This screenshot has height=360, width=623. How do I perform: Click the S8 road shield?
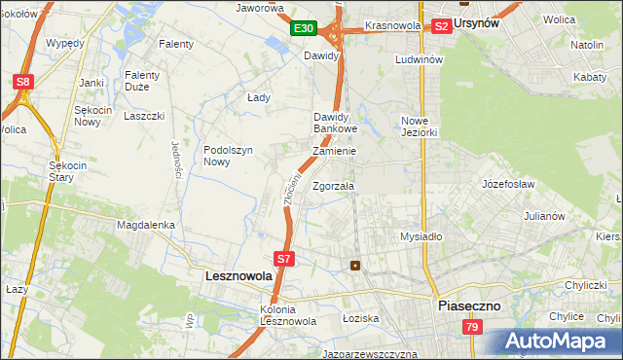pyautogui.click(x=22, y=83)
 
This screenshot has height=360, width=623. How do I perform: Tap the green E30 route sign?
pyautogui.click(x=304, y=29)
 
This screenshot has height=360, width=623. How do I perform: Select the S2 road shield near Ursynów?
pyautogui.click(x=441, y=26)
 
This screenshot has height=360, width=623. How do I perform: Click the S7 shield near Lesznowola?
pyautogui.click(x=283, y=259)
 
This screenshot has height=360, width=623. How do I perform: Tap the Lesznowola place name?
pyautogui.click(x=238, y=276)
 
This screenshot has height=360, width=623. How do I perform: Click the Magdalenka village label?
pyautogui.click(x=145, y=225)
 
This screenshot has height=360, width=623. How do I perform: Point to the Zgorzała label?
pyautogui.click(x=333, y=186)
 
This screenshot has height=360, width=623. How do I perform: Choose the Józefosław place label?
pyautogui.click(x=509, y=183)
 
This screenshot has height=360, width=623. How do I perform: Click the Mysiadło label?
pyautogui.click(x=421, y=236)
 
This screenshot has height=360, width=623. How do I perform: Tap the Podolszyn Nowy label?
pyautogui.click(x=229, y=156)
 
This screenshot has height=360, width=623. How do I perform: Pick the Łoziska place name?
pyautogui.click(x=359, y=318)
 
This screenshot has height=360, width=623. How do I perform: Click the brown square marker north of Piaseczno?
pyautogui.click(x=355, y=265)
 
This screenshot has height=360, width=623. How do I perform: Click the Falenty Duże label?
pyautogui.click(x=148, y=80)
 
